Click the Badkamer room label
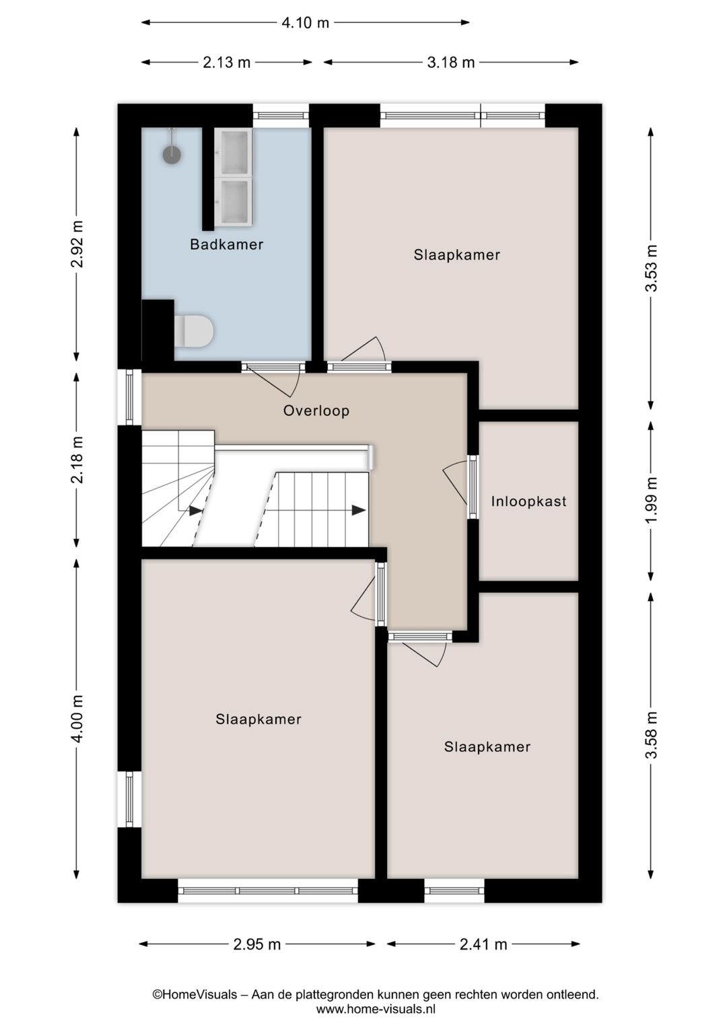[x=226, y=244]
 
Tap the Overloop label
[x=316, y=411]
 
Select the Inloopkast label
[x=528, y=501]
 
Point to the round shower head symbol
[x=172, y=154]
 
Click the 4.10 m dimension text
[x=305, y=23]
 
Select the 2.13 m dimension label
[x=226, y=63]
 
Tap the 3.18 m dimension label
[x=451, y=63]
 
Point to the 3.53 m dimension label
[x=651, y=268]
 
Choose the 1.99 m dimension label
[x=651, y=501]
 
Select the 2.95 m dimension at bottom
[x=256, y=944]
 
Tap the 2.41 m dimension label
[x=483, y=944]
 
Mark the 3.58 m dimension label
[x=651, y=735]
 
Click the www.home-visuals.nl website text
[x=376, y=1009]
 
